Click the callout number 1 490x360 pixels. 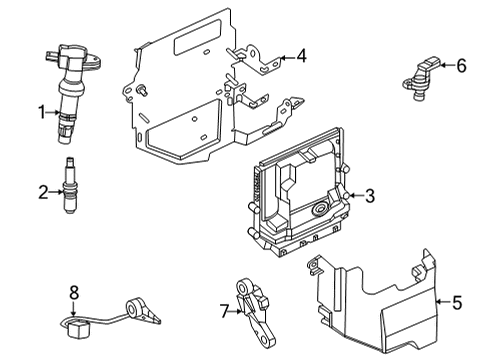(42, 112)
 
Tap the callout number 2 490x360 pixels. (43, 192)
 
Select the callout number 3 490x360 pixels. (370, 196)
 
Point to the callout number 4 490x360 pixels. (301, 56)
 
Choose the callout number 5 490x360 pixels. (457, 302)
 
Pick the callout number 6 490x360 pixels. (461, 65)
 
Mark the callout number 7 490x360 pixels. (225, 312)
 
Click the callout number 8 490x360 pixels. (74, 292)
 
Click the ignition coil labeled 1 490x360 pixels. (72, 92)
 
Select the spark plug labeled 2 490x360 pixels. (69, 185)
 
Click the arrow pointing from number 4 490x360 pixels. (287, 58)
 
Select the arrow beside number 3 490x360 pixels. (355, 196)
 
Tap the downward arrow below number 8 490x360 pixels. (74, 308)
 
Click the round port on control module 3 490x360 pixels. (319, 209)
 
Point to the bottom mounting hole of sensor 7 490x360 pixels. (267, 340)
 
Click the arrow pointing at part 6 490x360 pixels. (447, 65)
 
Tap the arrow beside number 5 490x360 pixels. (443, 302)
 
